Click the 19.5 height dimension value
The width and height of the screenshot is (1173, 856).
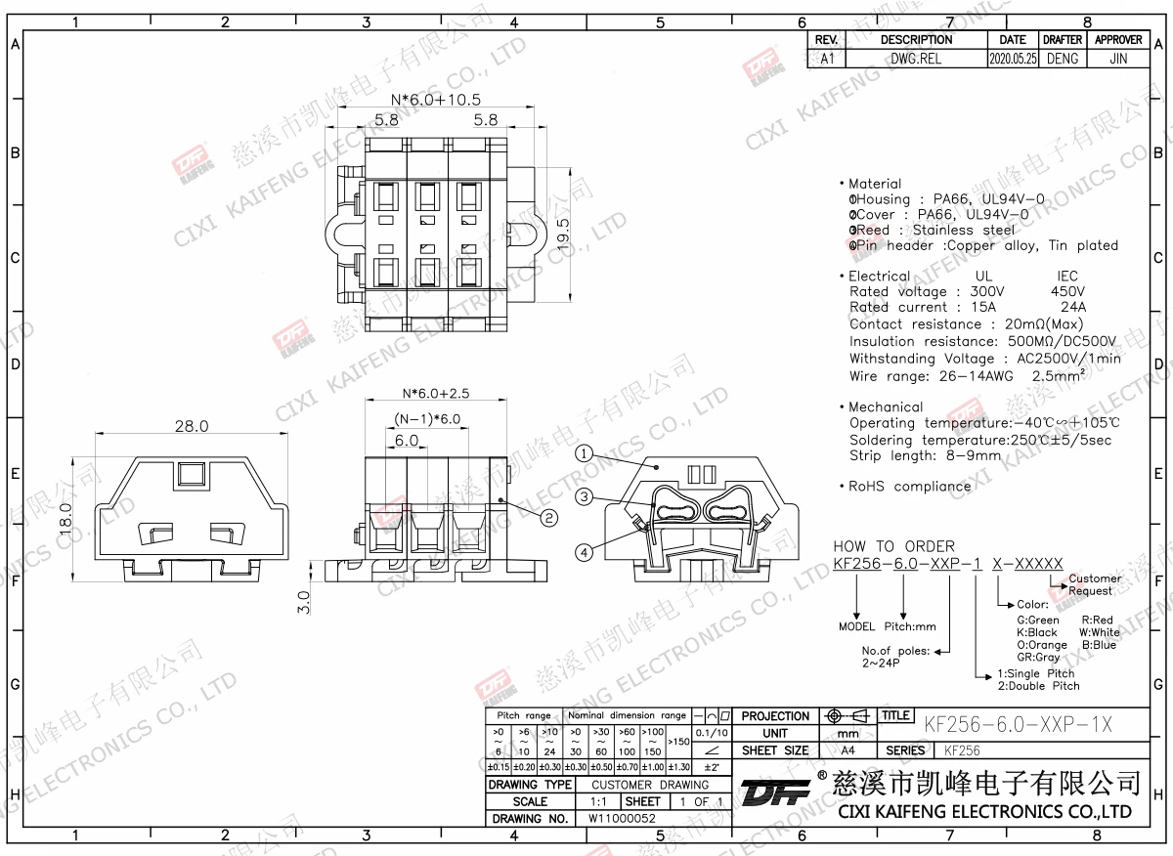(x=563, y=235)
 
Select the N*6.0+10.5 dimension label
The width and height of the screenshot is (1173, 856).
(x=435, y=100)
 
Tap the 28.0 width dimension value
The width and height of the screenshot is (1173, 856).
(x=192, y=426)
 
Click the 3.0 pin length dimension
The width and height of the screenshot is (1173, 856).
(x=303, y=601)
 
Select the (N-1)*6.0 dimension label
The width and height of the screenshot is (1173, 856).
(x=427, y=419)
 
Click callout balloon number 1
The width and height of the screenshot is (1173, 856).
(x=583, y=453)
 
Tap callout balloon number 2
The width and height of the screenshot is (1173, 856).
(x=548, y=517)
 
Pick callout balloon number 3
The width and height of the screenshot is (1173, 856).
(x=584, y=496)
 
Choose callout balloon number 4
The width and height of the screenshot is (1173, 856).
(x=584, y=552)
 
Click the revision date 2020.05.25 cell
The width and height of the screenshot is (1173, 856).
(x=1013, y=59)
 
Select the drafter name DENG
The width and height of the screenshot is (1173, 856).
(x=1062, y=59)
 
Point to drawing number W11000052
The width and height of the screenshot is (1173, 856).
(x=622, y=819)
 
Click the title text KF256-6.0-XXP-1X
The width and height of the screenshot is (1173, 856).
(x=1018, y=724)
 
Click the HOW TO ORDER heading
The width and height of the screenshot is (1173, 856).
(x=893, y=546)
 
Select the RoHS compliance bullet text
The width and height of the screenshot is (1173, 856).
(x=909, y=486)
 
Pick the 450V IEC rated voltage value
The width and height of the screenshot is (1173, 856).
(x=1066, y=291)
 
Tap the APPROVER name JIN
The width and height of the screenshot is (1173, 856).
(x=1118, y=59)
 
